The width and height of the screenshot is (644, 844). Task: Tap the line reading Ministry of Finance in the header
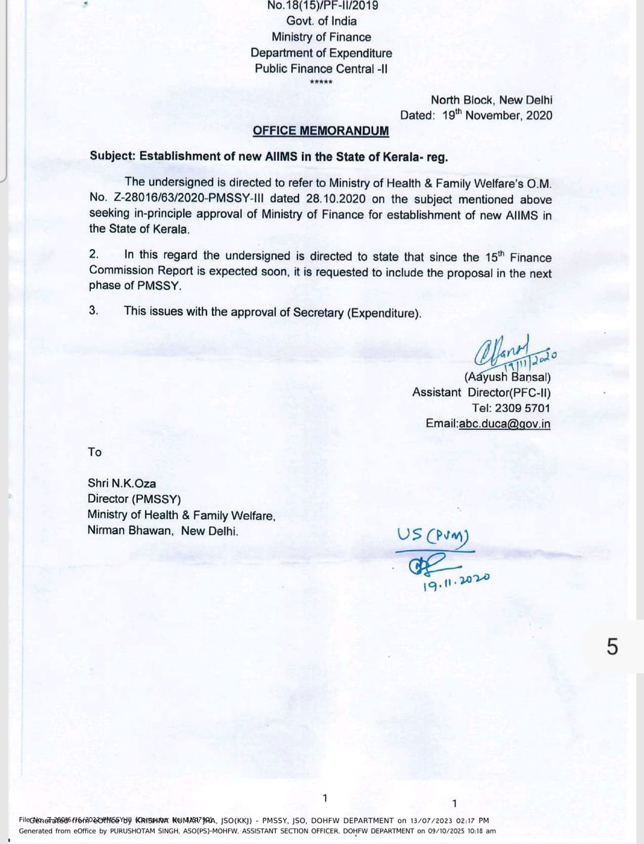(x=323, y=37)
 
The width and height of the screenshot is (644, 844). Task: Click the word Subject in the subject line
(x=111, y=156)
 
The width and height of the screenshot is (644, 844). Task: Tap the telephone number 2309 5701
(x=518, y=408)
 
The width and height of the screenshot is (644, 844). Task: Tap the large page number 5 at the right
(x=612, y=646)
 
